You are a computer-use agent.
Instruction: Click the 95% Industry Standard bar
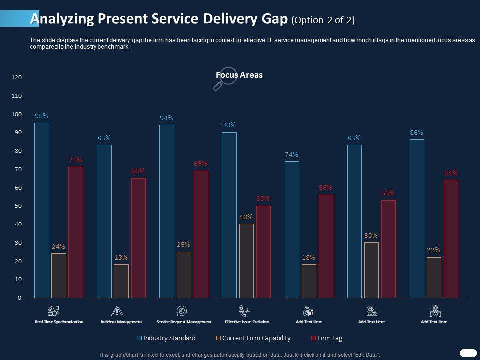pos(42,210)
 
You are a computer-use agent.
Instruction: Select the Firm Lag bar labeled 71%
pos(76,232)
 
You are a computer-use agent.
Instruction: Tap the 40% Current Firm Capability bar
pos(246,261)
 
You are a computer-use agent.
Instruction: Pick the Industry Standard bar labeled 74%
pos(292,229)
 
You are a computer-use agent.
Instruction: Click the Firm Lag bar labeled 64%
pos(451,239)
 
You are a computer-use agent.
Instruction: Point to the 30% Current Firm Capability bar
pos(371,270)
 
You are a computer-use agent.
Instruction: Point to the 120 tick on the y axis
pos(16,77)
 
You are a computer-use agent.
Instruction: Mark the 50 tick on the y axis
pos(18,206)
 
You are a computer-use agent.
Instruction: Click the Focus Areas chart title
pos(239,75)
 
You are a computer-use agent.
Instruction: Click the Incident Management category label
pos(121,322)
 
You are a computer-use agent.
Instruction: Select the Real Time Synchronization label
pos(59,322)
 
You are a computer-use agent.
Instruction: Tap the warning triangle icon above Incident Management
pos(117,311)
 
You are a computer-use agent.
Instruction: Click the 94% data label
pos(166,118)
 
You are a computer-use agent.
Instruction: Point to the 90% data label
pos(229,125)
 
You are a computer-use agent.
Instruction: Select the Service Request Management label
pos(184,322)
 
